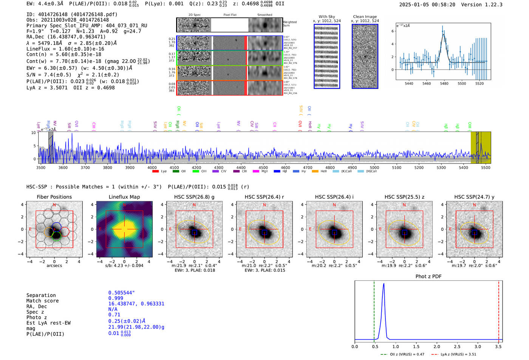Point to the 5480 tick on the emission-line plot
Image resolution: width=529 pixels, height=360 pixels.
click(444, 83)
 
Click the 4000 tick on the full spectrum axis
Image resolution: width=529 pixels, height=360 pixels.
click(152, 168)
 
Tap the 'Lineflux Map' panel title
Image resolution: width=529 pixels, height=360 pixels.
click(124, 197)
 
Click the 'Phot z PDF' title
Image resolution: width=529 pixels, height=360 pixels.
click(428, 277)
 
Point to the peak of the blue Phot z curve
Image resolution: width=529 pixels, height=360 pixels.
click(384, 284)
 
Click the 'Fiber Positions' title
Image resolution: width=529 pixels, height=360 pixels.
click(54, 197)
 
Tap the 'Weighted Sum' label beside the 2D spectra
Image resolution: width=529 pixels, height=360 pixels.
click(290, 23)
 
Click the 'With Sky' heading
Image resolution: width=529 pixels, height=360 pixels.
click(326, 17)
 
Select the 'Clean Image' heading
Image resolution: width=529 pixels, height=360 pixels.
click(365, 17)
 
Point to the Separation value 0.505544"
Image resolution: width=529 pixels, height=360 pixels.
click(121, 293)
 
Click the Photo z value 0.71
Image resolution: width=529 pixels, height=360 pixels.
click(114, 315)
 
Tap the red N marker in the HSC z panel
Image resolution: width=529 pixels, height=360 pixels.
click(404, 205)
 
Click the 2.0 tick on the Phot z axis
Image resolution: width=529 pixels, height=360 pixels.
click(436, 346)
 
